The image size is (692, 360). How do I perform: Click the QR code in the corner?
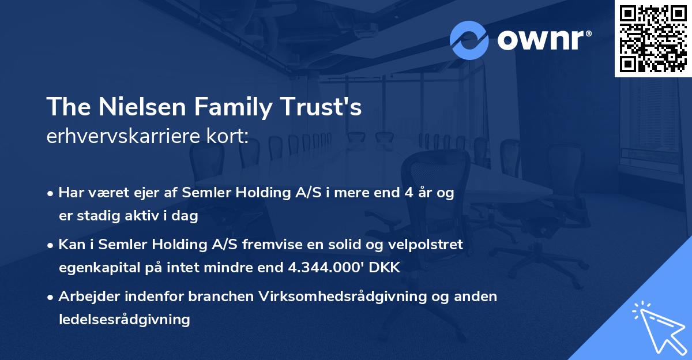653,39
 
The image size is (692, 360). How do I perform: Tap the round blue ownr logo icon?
469,40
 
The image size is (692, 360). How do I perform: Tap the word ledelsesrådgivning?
124,319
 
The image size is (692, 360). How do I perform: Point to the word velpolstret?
426,245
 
